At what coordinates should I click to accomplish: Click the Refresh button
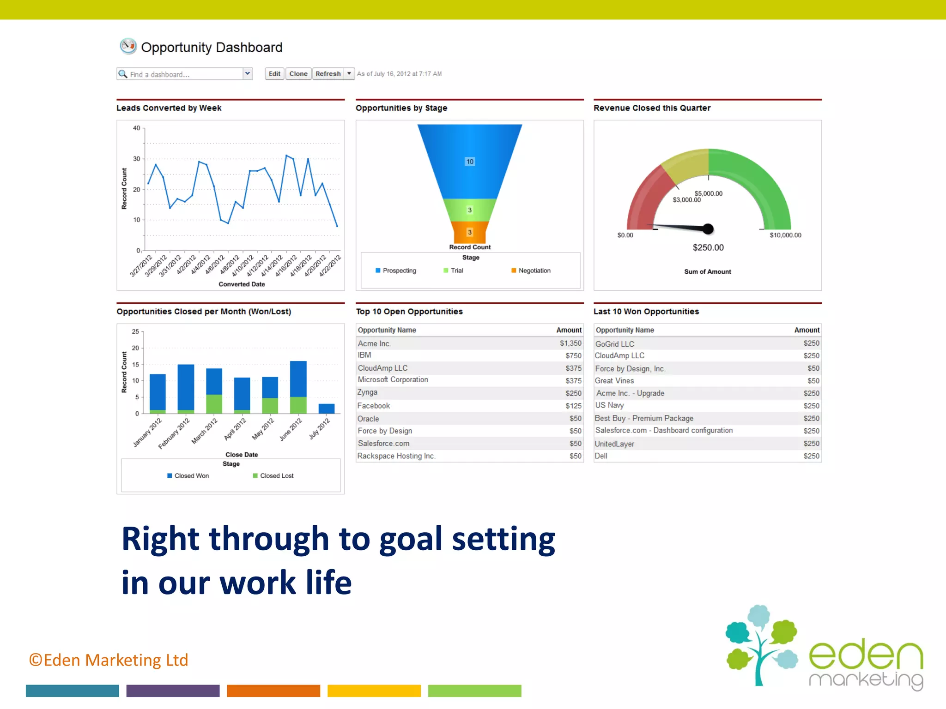328,74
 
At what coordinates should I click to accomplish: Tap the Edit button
274,74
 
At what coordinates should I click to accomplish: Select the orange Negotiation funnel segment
470,232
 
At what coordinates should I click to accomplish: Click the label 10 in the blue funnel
470,162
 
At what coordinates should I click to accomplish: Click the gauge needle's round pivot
708,228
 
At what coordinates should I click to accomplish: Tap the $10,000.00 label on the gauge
785,235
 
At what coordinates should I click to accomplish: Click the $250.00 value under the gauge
708,247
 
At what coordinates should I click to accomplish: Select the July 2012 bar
327,409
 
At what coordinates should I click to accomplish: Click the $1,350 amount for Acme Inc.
570,343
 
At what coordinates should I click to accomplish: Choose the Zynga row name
367,392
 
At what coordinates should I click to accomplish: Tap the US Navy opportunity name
609,405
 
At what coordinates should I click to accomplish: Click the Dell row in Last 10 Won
601,456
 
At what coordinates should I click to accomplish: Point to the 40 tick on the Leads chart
137,128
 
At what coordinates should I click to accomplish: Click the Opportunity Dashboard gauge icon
128,46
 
